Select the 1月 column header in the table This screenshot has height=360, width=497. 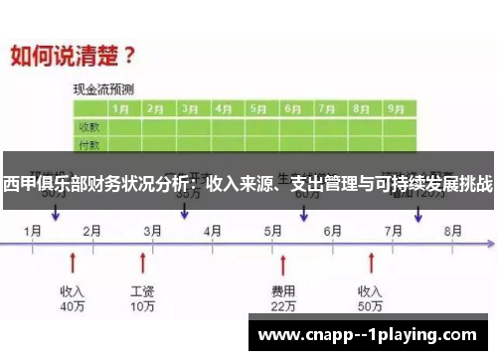point(122,108)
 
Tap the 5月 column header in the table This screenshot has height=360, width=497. point(259,108)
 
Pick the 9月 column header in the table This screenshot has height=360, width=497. point(396,108)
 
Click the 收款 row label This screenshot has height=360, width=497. point(88,127)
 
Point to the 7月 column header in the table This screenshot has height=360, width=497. point(328,108)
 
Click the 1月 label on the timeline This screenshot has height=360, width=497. point(33,230)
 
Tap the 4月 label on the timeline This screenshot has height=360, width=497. point(213,230)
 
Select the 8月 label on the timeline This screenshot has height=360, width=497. point(453,230)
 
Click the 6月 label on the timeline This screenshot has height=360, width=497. point(333,230)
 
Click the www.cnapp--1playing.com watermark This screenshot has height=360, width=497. point(370,335)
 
